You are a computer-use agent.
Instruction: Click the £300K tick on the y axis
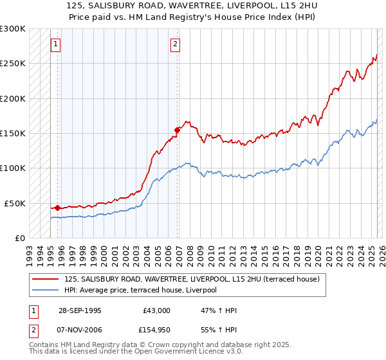[x=13, y=29]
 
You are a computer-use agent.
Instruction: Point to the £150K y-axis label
[x=13, y=134]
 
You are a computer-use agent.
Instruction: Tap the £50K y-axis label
[x=15, y=203]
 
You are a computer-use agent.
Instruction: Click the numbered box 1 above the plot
[x=55, y=44]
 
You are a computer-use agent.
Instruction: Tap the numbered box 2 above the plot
[x=175, y=44]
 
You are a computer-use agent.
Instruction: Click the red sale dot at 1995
[x=58, y=208]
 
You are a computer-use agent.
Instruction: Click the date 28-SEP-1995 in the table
[x=80, y=310]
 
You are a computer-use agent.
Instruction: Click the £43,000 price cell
[x=156, y=310]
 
